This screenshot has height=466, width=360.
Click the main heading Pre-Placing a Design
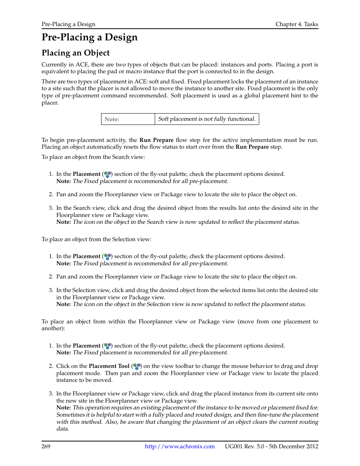pyautogui.click(x=89, y=37)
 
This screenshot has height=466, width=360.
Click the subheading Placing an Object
pyautogui.click(x=75, y=53)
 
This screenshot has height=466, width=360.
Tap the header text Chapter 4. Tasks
pyautogui.click(x=297, y=24)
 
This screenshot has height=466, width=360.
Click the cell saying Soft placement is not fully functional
pyautogui.click(x=206, y=119)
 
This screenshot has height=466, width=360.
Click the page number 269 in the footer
pyautogui.click(x=46, y=446)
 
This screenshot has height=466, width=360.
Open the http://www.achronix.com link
pyautogui.click(x=180, y=446)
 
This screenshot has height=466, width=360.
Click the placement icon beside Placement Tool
pyautogui.click(x=137, y=366)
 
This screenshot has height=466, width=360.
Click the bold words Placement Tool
pyautogui.click(x=109, y=366)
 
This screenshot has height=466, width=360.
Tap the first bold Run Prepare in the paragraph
pyautogui.click(x=156, y=140)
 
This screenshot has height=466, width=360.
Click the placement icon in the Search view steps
pyautogui.click(x=108, y=174)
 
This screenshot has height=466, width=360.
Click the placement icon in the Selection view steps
pyautogui.click(x=108, y=257)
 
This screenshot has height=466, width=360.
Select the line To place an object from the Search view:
pyautogui.click(x=93, y=157)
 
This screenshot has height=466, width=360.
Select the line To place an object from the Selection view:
pyautogui.click(x=96, y=239)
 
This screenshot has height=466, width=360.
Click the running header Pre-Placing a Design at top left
pyautogui.click(x=68, y=24)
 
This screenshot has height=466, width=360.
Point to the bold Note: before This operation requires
pyautogui.click(x=63, y=408)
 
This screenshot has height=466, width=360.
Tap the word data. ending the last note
pyautogui.click(x=63, y=429)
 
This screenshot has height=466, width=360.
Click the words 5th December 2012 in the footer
pyautogui.click(x=293, y=446)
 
